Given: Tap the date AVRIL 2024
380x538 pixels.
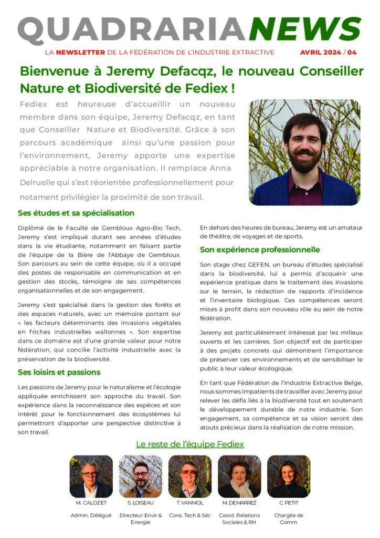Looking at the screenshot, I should tap(320, 53).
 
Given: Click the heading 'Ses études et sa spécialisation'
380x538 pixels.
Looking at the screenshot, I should tap(76, 213).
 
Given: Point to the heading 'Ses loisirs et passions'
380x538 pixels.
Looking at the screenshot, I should tap(59, 372).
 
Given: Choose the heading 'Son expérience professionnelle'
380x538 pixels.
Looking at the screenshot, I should tap(260, 250).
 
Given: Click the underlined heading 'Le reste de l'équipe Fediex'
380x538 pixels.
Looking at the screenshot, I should tap(190, 444).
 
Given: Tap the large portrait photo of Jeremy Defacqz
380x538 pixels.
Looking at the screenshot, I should tap(304, 152).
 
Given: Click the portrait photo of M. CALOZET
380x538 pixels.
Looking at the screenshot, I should tap(91, 477).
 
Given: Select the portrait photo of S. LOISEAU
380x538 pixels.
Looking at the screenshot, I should tap(141, 477).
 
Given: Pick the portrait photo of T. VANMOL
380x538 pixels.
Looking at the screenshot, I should tap(190, 477).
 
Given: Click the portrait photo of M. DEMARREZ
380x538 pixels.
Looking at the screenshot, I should tap(239, 477).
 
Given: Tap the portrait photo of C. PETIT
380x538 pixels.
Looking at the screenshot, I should tap(289, 477).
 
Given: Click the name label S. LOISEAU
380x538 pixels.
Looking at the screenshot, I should tap(141, 503).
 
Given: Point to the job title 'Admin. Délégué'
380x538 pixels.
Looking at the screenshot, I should tap(91, 515).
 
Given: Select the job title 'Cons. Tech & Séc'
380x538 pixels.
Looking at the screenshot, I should tap(190, 515).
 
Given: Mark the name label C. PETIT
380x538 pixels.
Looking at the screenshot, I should tap(289, 503).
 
